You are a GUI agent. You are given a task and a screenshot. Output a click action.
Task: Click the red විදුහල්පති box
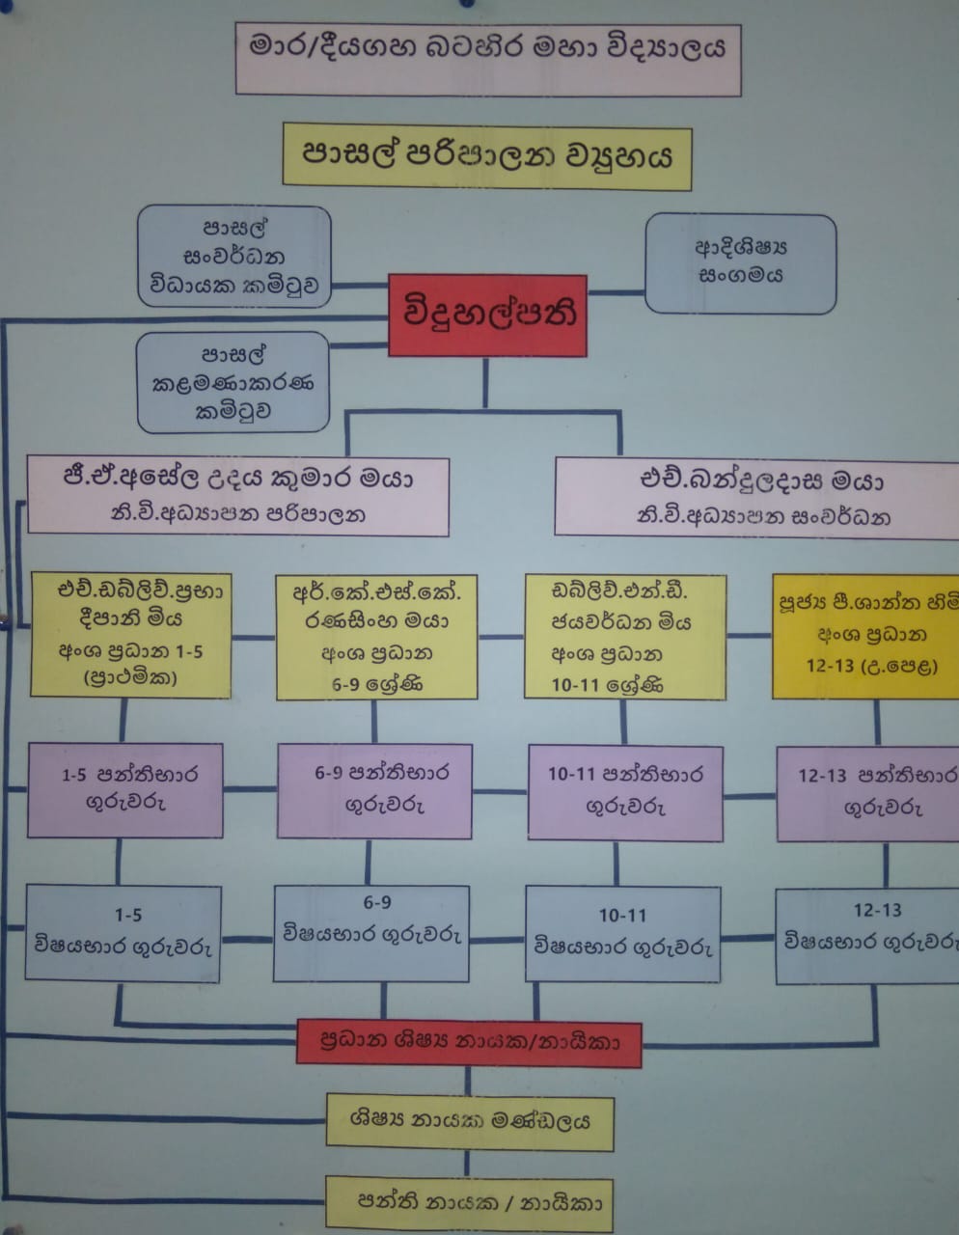[487, 315]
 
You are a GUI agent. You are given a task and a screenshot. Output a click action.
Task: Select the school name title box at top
[487, 57]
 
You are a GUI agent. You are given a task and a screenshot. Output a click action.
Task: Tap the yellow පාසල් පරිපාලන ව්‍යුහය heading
[487, 156]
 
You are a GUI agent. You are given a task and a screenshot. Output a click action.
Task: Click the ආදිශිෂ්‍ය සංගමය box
[740, 262]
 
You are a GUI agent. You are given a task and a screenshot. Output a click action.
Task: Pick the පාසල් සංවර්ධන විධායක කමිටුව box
[234, 257]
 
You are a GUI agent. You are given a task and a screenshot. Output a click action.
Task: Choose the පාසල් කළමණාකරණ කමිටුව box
[233, 382]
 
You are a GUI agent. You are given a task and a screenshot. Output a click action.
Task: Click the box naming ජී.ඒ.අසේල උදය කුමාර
[238, 495]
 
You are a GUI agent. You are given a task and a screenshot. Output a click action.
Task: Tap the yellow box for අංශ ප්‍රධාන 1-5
[131, 634]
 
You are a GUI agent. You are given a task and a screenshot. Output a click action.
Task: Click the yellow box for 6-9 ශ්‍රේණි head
[376, 637]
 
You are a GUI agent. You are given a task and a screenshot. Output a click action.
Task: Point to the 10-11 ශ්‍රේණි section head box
[624, 636]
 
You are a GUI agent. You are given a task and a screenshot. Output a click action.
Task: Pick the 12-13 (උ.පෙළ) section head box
[866, 636]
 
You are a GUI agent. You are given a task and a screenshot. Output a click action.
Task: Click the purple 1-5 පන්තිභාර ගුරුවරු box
[125, 789]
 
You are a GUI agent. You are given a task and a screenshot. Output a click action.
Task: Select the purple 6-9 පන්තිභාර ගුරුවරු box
[374, 790]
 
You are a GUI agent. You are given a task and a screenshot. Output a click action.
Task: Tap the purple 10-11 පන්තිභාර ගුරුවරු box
[625, 792]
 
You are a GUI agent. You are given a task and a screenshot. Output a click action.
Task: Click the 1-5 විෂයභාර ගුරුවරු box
[123, 933]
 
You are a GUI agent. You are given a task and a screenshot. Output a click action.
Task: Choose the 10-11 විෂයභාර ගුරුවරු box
[623, 934]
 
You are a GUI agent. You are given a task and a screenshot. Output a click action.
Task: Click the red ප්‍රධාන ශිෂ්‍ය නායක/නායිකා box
[469, 1042]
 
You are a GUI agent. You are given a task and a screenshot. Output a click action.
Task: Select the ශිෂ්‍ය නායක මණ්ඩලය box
[470, 1121]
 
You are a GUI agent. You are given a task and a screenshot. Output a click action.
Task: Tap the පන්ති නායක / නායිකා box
[470, 1202]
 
